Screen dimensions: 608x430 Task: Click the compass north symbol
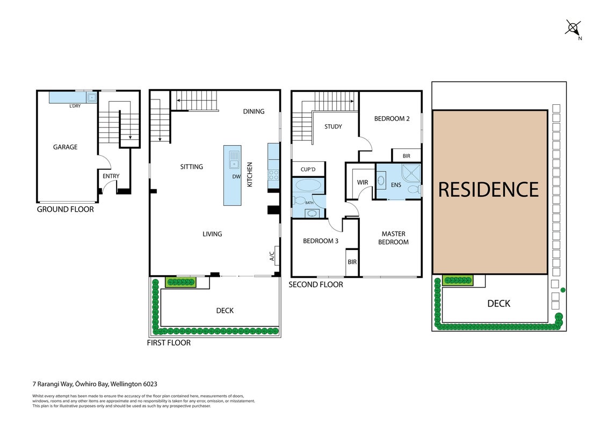tap(573, 28)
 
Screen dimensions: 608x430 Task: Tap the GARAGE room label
tap(65, 147)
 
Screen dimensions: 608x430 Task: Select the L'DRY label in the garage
tap(75, 106)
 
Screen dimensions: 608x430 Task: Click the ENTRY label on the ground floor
tap(111, 176)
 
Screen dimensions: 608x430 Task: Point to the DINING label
tap(254, 111)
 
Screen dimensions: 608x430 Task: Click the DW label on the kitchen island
tap(236, 177)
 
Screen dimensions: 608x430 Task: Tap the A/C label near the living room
tap(272, 256)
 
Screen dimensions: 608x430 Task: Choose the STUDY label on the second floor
tap(333, 126)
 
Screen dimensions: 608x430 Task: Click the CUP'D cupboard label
tap(308, 170)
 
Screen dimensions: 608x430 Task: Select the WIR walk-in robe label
tap(363, 182)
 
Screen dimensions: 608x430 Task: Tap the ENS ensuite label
tap(396, 185)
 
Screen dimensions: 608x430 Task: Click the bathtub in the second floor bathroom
tap(308, 185)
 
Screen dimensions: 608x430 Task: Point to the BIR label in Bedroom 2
tap(407, 156)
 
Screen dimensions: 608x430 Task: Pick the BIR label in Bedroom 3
tap(352, 262)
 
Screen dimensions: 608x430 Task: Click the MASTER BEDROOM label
tap(393, 238)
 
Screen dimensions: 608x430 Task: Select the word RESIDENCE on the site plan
tap(488, 190)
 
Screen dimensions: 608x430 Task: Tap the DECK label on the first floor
tap(225, 311)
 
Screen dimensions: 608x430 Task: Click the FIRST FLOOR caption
tap(169, 343)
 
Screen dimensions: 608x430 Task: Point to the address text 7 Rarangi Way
tap(53, 384)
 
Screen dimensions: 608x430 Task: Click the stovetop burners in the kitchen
tap(273, 175)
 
